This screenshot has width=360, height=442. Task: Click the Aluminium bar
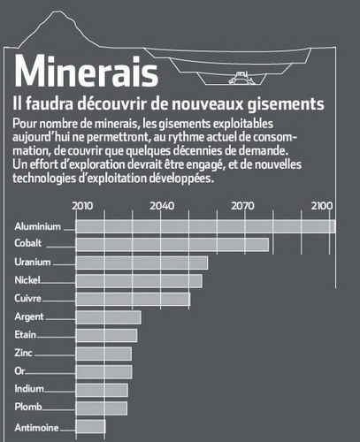[205, 226]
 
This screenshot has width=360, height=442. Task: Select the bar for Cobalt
[172, 245]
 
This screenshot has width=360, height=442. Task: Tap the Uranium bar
[142, 263]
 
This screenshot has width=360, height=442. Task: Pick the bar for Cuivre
[133, 299]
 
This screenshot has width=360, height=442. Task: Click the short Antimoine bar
[90, 426]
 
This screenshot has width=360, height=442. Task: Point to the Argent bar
[109, 317]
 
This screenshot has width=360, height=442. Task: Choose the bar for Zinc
[103, 354]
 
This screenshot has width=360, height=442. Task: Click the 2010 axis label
[82, 206]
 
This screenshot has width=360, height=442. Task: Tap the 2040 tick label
[162, 206]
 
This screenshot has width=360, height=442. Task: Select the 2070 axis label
[242, 206]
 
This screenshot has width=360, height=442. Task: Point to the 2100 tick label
[322, 206]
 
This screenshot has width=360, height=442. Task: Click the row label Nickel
[27, 280]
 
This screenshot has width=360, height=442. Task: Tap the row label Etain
[26, 335]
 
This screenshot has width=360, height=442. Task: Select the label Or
[19, 371]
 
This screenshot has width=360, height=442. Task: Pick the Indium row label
[29, 389]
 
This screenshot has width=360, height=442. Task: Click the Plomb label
[28, 407]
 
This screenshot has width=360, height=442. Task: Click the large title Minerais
[86, 71]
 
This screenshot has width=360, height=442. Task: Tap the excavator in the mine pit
[241, 78]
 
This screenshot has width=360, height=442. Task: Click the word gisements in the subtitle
[286, 104]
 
